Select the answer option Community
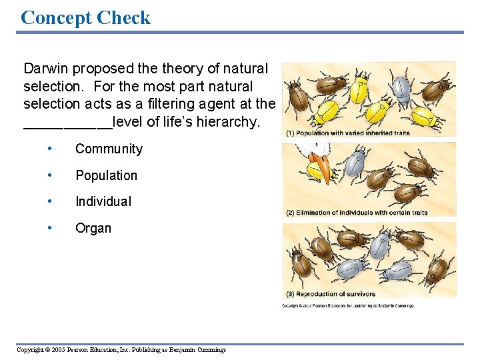pyautogui.click(x=109, y=149)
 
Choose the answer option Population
pyautogui.click(x=106, y=176)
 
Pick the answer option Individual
pyautogui.click(x=103, y=201)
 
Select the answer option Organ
pyautogui.click(x=93, y=228)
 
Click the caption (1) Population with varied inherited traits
pyautogui.click(x=348, y=133)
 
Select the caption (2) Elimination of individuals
pyautogui.click(x=357, y=213)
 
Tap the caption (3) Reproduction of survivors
pyautogui.click(x=331, y=294)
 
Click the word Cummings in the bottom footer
pyautogui.click(x=210, y=350)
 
